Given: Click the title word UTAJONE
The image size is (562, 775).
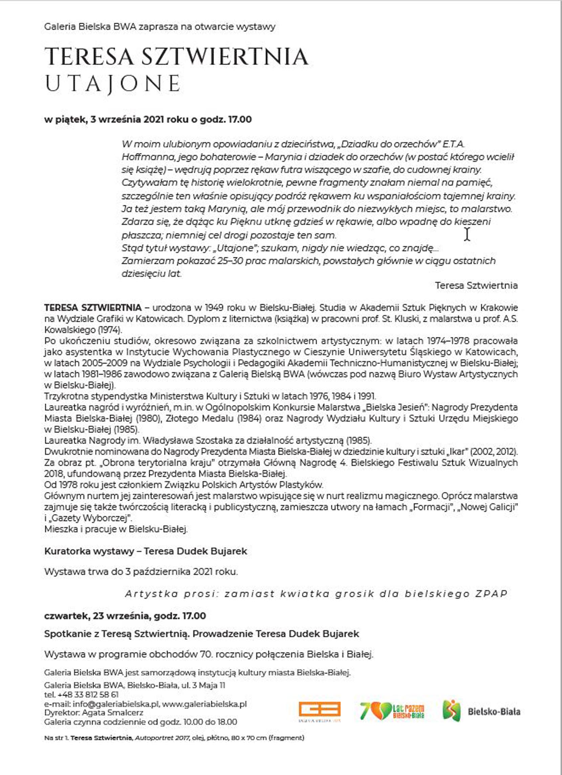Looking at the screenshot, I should (113, 84).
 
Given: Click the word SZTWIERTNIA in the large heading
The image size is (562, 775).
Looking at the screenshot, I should (225, 57).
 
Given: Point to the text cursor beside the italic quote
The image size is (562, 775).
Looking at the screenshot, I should (467, 234).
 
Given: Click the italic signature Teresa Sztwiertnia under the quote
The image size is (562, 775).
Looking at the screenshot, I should (476, 285).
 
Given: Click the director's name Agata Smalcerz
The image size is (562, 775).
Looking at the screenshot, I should (112, 713).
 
